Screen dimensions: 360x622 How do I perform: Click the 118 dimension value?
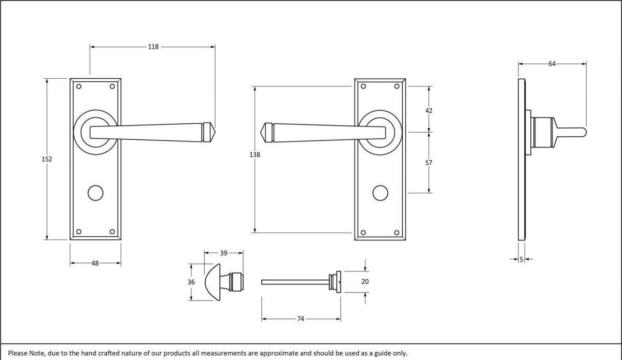(x=153, y=47)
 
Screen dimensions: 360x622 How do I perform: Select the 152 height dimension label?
(x=47, y=159)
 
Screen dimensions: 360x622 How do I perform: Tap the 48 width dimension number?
(x=95, y=263)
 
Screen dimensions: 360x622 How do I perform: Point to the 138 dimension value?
(x=254, y=154)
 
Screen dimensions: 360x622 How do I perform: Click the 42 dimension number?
(x=429, y=110)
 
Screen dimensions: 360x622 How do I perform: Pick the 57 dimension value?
(x=429, y=163)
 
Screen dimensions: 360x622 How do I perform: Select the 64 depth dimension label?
(x=552, y=64)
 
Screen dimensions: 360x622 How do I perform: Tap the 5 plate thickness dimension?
(x=521, y=259)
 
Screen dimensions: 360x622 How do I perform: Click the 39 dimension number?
(x=223, y=253)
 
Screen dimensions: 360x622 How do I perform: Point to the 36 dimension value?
(x=191, y=282)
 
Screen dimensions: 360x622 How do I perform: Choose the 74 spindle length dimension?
(x=300, y=319)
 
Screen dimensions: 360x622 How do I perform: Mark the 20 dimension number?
(x=365, y=282)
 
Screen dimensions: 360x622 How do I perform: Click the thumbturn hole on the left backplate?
(x=95, y=193)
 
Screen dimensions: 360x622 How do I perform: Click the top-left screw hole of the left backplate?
(x=79, y=87)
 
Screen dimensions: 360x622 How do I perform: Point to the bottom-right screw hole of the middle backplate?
(x=397, y=232)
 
